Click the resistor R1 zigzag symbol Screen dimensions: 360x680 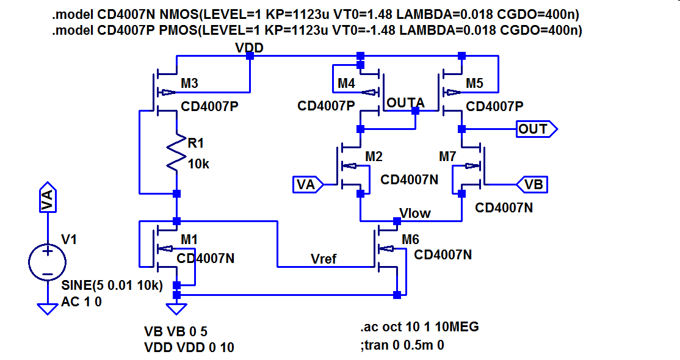[176, 154]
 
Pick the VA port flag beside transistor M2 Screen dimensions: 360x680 [306, 184]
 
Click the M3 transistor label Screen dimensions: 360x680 [189, 83]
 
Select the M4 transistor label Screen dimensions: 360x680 [347, 83]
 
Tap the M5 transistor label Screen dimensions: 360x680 [474, 83]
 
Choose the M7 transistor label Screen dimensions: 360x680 [447, 157]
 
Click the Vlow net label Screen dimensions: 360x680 [415, 213]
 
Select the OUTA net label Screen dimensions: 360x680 [405, 103]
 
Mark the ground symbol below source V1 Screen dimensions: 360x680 [47, 309]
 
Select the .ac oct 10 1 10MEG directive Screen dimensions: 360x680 [419, 327]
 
